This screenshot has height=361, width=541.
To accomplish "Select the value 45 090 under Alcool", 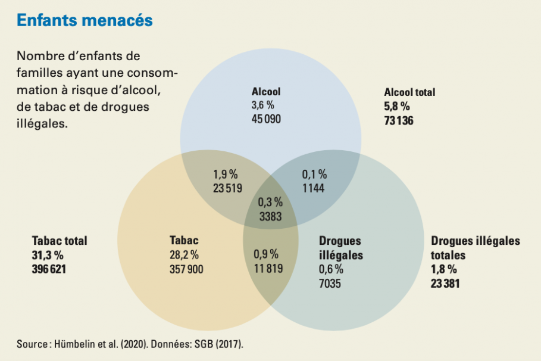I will click(x=266, y=118).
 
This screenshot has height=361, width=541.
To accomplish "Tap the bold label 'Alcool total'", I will click(x=409, y=92).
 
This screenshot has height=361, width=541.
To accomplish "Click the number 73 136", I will click(x=399, y=121).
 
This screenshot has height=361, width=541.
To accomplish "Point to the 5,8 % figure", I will click(x=397, y=107).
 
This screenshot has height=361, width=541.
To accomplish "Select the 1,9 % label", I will click(x=225, y=175).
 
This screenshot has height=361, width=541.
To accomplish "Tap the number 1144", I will click(x=314, y=188).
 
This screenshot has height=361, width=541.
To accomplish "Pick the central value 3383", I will click(x=270, y=216).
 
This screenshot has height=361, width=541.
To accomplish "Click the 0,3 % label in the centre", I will click(x=270, y=203).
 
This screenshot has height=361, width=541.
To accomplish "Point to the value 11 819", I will click(x=268, y=267).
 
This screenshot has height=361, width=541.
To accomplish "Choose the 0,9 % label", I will click(x=266, y=254).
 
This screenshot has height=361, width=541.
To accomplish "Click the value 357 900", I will click(x=186, y=269).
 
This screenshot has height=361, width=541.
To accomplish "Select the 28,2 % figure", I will click(x=184, y=255).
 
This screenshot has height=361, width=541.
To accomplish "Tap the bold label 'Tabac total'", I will click(x=60, y=241).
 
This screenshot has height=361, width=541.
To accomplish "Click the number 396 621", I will click(x=49, y=269).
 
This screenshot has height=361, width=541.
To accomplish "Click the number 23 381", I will click(x=445, y=284).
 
